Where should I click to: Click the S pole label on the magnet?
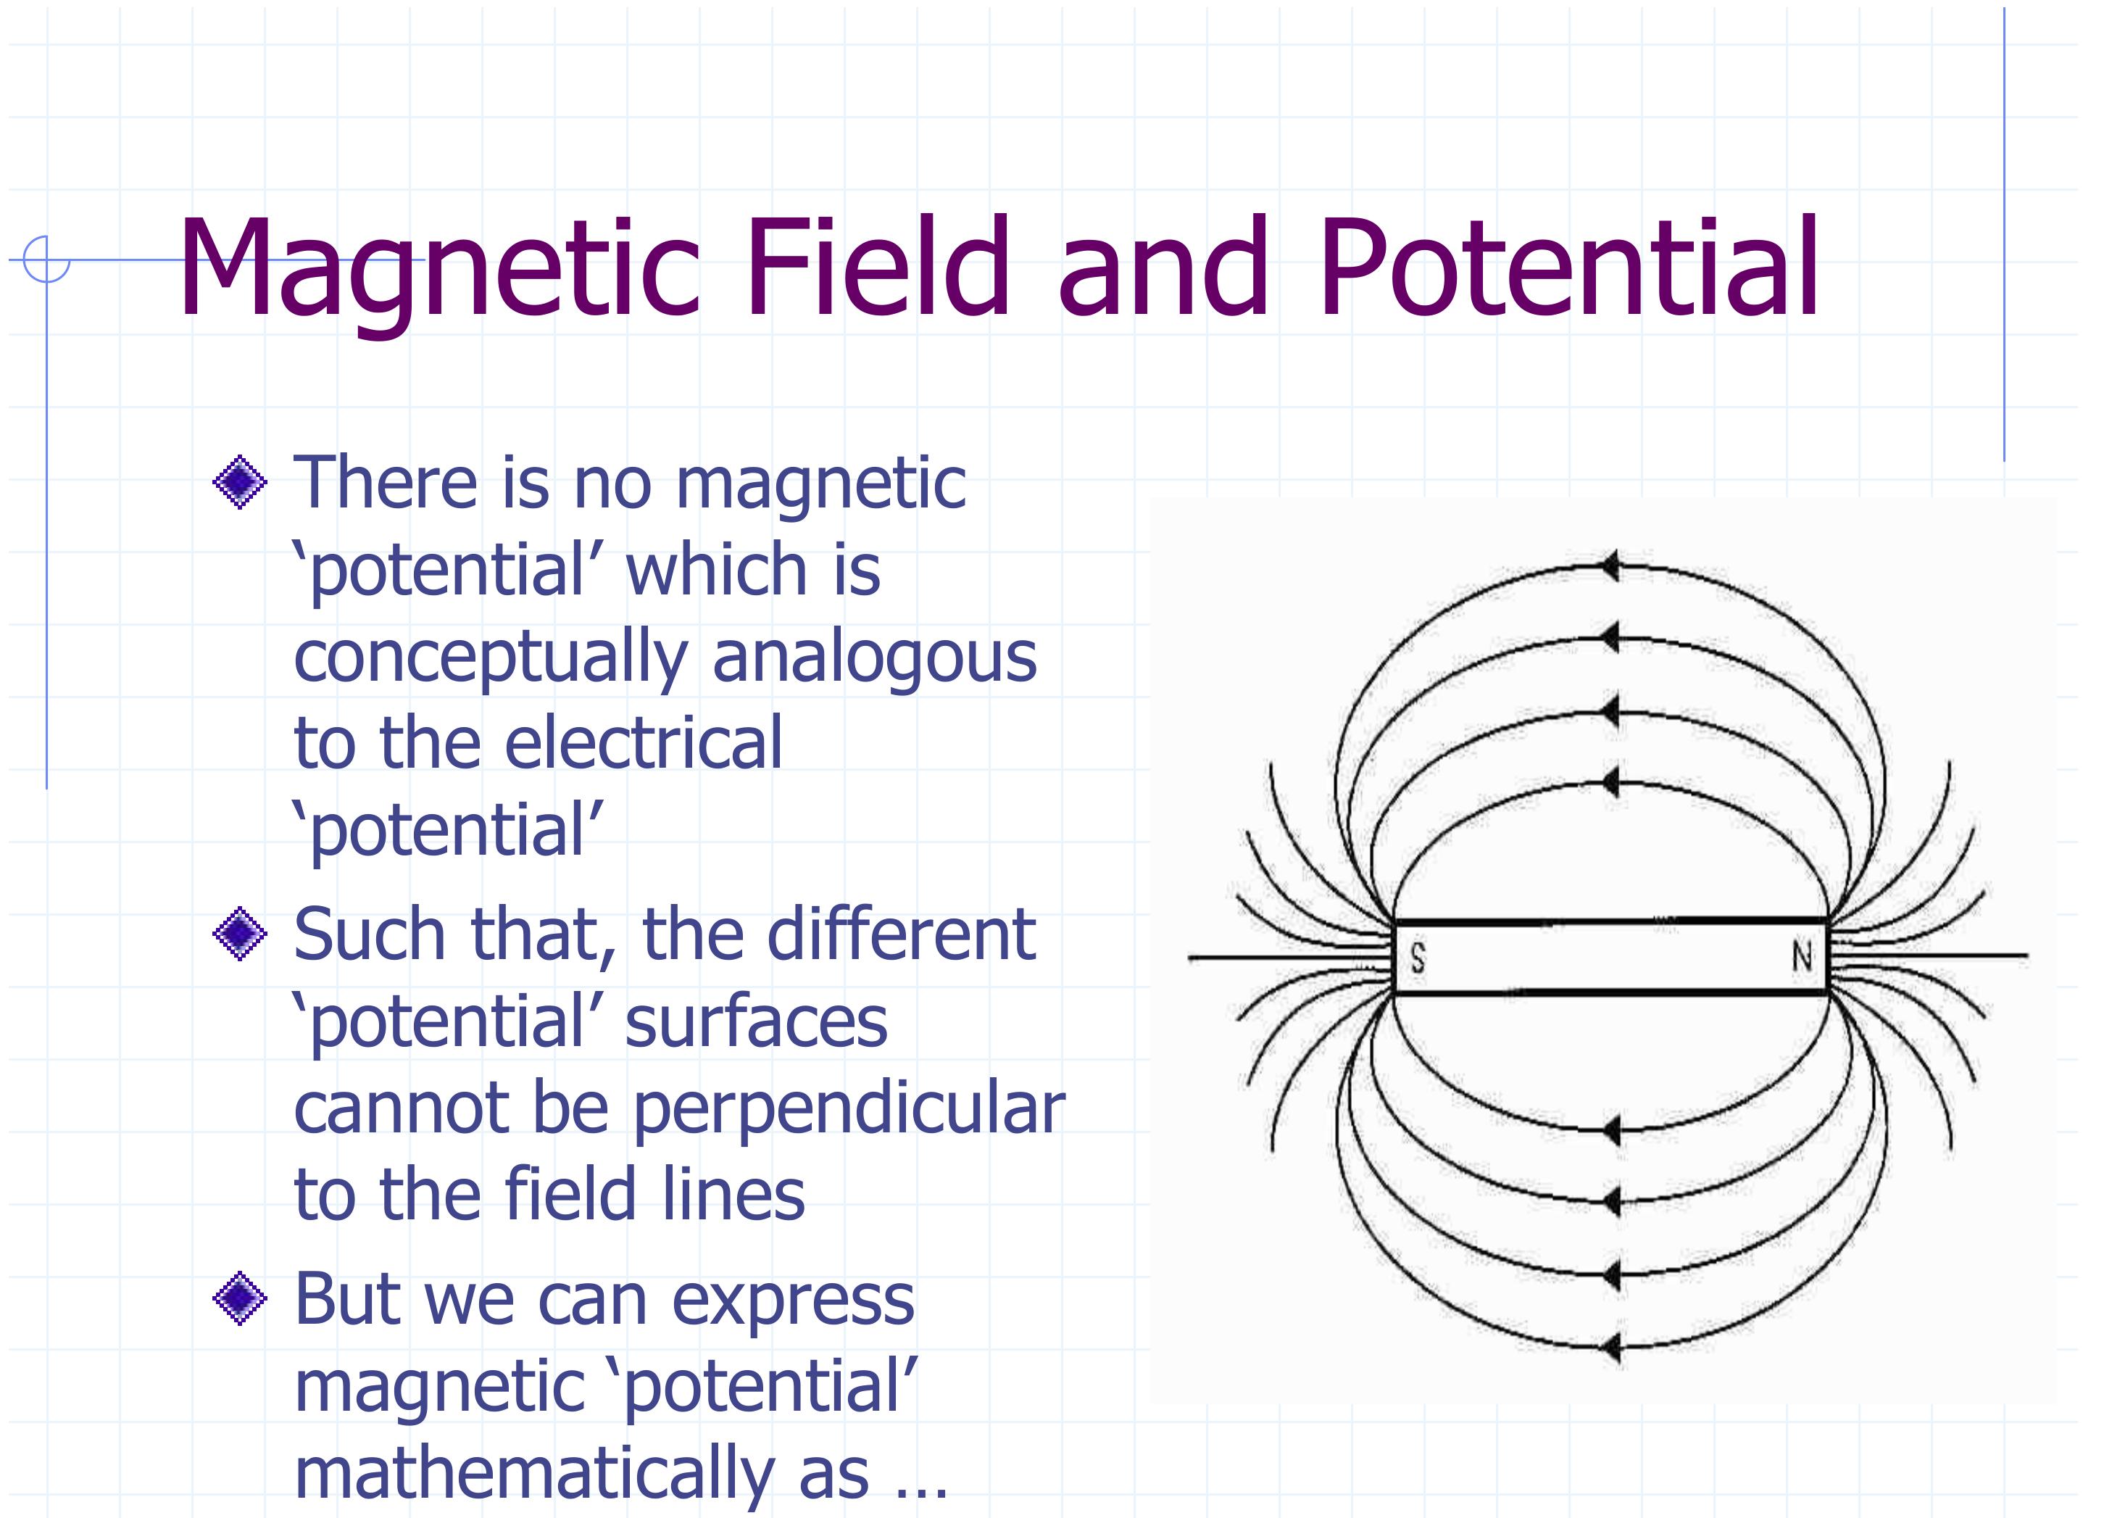coord(1418,958)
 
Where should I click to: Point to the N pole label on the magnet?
coord(1802,955)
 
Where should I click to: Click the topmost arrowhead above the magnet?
coord(1609,565)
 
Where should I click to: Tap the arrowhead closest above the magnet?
coord(1609,781)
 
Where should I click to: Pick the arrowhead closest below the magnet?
coord(1609,1131)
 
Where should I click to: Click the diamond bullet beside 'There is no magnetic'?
coord(240,482)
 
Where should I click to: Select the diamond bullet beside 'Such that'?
coord(240,933)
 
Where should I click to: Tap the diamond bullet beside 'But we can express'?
coord(240,1298)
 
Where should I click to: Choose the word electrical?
coord(644,742)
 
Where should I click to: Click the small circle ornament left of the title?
coord(46,259)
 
